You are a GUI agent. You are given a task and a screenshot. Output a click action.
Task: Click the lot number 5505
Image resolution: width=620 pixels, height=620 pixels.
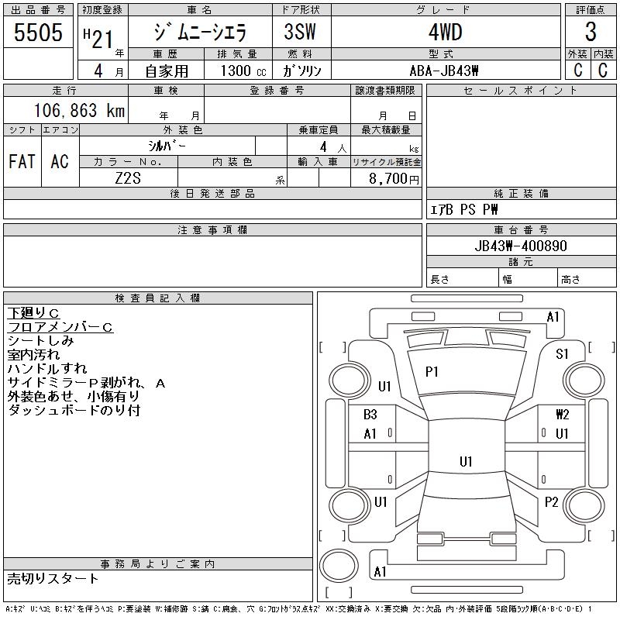[38, 33]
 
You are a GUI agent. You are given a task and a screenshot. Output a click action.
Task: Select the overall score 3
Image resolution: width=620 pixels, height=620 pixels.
[591, 32]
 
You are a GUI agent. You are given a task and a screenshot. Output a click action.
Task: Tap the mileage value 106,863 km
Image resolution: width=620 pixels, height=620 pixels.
[79, 110]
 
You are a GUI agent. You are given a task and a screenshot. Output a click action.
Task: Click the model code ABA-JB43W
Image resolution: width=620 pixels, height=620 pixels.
[444, 71]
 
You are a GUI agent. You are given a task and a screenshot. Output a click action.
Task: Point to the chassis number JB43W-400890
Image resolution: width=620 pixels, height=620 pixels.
[521, 246]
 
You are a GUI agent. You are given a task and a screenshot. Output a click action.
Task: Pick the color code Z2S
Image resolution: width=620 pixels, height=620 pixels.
[128, 178]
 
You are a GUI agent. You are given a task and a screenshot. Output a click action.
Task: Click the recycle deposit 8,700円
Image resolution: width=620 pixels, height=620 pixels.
[394, 178]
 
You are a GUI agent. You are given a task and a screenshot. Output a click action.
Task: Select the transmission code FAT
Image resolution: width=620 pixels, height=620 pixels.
[22, 161]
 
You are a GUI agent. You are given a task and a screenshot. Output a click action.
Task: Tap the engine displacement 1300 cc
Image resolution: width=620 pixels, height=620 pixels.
[243, 71]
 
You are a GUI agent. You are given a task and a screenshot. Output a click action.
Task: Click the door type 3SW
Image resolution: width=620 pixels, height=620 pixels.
[300, 32]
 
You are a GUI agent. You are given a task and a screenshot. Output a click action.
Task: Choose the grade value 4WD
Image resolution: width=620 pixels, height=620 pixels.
[445, 32]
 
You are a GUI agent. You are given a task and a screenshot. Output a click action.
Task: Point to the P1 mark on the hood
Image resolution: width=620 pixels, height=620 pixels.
[432, 372]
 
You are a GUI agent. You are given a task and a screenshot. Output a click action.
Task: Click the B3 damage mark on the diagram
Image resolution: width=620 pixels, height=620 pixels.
[370, 415]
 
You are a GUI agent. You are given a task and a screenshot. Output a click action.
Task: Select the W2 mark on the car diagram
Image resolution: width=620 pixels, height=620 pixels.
[563, 415]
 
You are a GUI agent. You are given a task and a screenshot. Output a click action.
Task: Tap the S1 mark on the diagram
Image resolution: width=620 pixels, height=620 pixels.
[562, 354]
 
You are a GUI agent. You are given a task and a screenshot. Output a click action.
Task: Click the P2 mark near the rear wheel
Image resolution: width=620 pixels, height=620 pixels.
[551, 502]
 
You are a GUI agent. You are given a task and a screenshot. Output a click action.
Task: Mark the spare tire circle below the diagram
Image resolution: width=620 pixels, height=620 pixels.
[339, 566]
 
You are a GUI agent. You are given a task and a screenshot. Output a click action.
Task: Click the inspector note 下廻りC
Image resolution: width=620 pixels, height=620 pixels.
[33, 313]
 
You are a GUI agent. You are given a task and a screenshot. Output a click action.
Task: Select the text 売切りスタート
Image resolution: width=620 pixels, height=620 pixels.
[53, 579]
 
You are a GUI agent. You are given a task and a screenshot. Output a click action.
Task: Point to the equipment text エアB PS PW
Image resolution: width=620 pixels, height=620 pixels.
[464, 209]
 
